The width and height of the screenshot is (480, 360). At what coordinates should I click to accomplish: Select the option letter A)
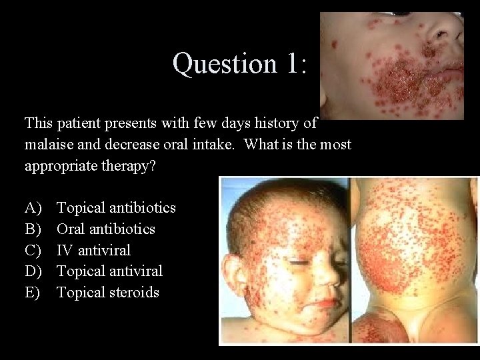(33, 208)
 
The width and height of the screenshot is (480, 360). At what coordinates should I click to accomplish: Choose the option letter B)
(33, 229)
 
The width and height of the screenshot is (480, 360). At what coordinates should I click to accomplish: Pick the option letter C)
(33, 251)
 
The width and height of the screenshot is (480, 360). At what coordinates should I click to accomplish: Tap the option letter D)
(33, 271)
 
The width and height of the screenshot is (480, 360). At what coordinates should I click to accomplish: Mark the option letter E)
(33, 293)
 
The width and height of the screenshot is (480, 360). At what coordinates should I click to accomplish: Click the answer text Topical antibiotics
(116, 208)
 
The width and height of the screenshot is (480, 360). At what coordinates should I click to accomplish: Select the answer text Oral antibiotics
(105, 229)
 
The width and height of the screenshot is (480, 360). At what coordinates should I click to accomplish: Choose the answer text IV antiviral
(93, 251)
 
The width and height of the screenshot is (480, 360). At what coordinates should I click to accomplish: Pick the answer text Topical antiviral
(109, 271)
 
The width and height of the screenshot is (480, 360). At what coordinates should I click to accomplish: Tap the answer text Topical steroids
(107, 293)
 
